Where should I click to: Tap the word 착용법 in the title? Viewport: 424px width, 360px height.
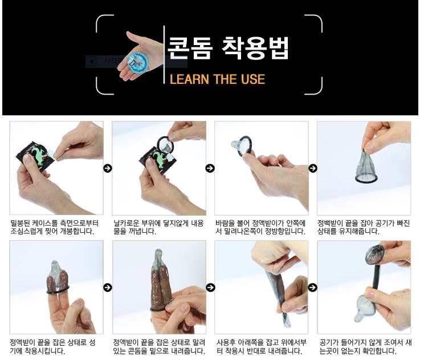click(x=255, y=48)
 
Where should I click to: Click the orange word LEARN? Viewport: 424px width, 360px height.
click(x=189, y=79)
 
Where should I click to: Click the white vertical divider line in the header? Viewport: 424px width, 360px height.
click(x=164, y=55)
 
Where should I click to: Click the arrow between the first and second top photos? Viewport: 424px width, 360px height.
click(x=108, y=168)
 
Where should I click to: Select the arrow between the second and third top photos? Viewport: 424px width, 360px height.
click(x=210, y=168)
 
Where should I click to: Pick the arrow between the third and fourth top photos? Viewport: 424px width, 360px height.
click(x=313, y=168)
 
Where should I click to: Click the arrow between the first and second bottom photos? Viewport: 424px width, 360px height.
click(x=108, y=287)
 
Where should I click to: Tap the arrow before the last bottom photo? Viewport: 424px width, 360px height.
click(x=313, y=287)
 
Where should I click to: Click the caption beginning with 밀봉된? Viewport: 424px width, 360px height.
click(x=54, y=228)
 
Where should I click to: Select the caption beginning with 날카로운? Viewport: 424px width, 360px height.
click(x=158, y=228)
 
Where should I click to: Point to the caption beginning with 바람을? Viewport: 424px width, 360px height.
click(x=260, y=228)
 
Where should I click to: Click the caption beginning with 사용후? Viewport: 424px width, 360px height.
click(x=261, y=347)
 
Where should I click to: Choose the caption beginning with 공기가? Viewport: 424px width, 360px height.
click(x=365, y=347)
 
